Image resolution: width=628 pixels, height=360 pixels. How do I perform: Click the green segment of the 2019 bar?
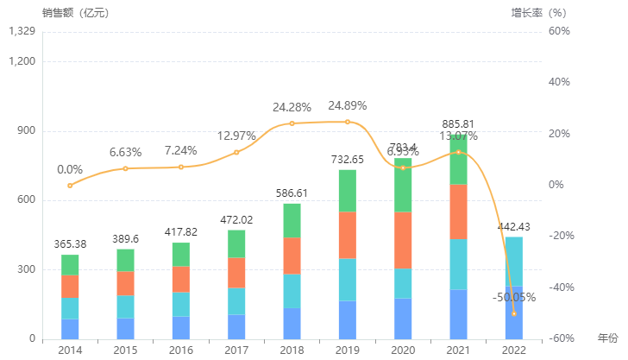tap(347, 191)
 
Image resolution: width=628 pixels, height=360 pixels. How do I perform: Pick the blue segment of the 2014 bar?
tap(70, 329)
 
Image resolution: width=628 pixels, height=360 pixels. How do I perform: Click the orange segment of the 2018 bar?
tap(292, 256)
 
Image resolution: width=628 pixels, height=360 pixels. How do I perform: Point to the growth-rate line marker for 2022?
tap(513, 313)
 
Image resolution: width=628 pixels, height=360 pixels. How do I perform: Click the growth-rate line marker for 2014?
tap(70, 186)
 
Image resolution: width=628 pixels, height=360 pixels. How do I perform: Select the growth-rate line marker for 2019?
tap(347, 122)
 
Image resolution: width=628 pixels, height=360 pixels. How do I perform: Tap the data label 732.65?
tap(347, 160)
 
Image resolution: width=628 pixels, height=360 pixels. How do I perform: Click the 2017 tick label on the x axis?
tap(236, 350)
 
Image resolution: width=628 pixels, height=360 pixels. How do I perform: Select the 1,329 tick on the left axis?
tap(21, 31)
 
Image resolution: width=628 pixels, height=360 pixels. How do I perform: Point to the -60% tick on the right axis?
tap(561, 338)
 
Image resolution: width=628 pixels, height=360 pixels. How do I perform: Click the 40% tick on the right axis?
tap(559, 82)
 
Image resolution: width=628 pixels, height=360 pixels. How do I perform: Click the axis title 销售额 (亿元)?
tap(75, 13)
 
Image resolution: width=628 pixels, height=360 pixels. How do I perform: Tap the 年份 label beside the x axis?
tap(607, 338)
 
